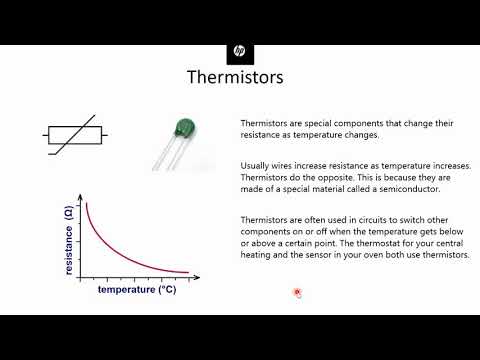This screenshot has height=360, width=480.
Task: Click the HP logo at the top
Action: [x=240, y=50]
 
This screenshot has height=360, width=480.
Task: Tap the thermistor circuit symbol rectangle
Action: [x=75, y=135]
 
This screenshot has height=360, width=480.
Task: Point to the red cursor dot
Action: [x=297, y=292]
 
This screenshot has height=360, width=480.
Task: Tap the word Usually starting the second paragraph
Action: [x=257, y=165]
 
